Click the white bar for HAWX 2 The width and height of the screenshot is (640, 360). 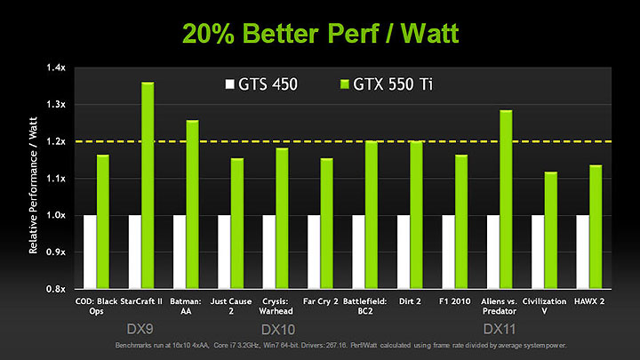(x=583, y=252)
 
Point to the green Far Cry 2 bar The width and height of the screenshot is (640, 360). (x=326, y=223)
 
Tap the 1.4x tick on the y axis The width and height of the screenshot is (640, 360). (x=57, y=68)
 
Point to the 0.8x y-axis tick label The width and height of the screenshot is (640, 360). (x=57, y=289)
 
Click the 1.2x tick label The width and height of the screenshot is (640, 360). (x=57, y=141)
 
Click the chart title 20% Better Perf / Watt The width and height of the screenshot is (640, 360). (x=320, y=33)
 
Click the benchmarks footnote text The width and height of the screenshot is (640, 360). (x=320, y=343)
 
